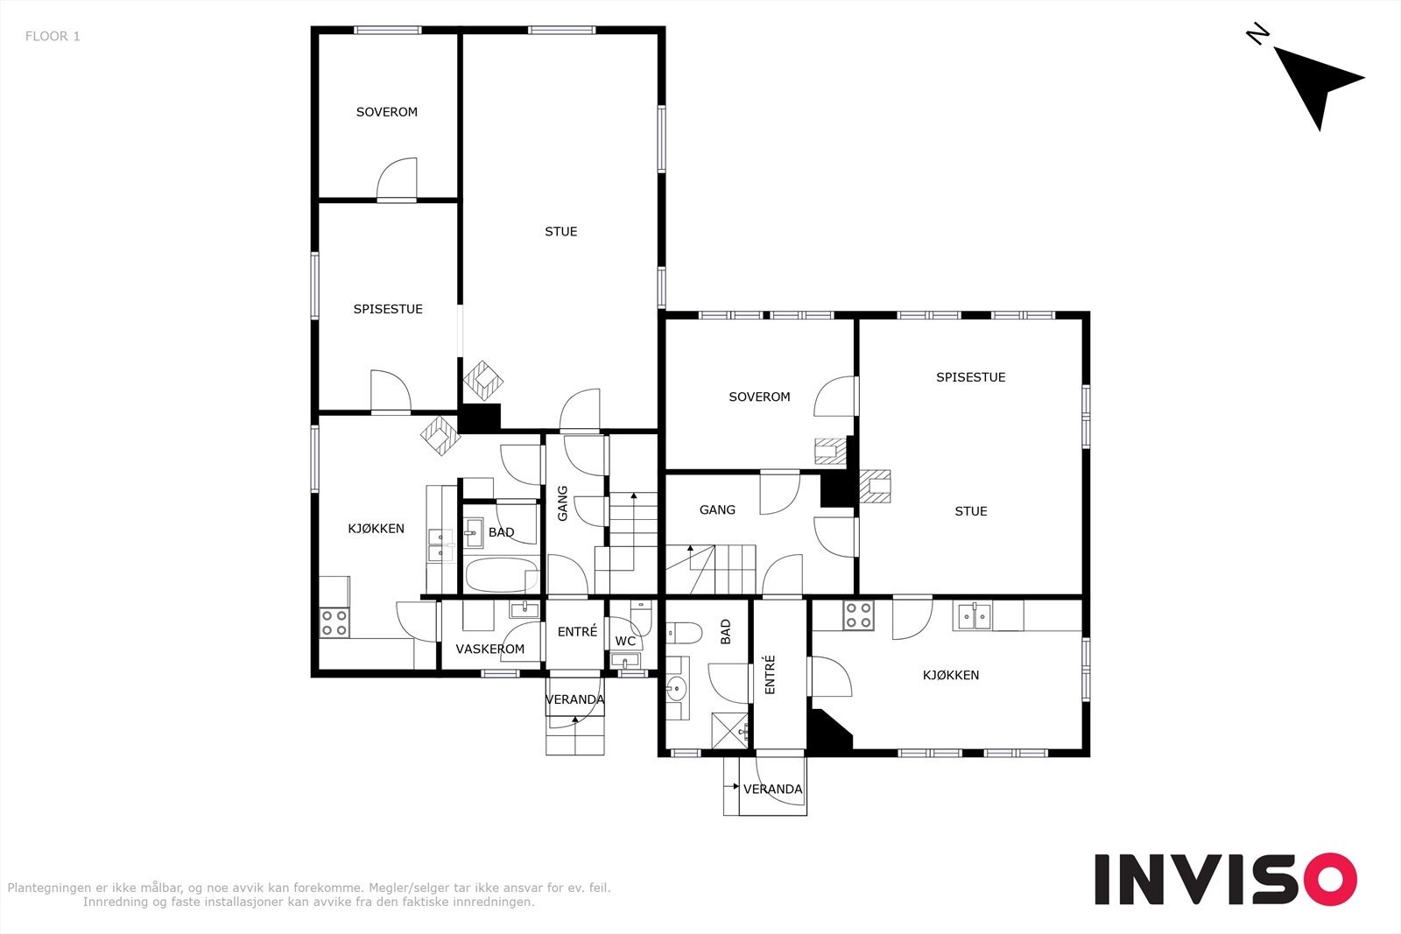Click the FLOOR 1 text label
pos(53,36)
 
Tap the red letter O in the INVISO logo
pos(1330,878)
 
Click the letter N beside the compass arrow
pos(1257,34)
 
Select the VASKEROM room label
pos(489,649)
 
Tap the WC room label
pos(625,641)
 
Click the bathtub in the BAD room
pos(503,574)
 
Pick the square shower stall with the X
pos(730,731)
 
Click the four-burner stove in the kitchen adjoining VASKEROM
pos(334,622)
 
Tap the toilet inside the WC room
pos(642,616)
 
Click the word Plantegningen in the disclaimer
pos(48,888)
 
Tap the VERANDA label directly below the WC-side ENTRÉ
pos(574,699)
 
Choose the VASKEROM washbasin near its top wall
pos(524,609)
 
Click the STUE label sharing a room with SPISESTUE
pos(971,511)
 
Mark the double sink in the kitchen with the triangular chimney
pos(975,616)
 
